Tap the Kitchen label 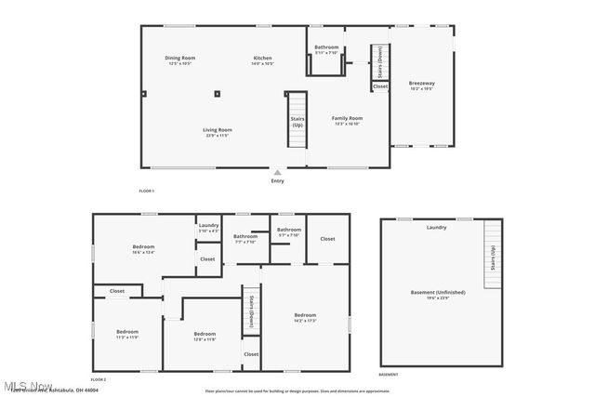[263, 60]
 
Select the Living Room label [218, 131]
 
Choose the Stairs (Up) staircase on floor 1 [297, 120]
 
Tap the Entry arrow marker [277, 172]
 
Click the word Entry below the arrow [277, 180]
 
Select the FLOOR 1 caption [146, 191]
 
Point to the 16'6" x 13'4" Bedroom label [143, 248]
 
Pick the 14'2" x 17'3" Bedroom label [306, 318]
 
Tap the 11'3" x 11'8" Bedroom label [127, 334]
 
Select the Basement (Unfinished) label [438, 294]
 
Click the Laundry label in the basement [436, 227]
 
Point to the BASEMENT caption [389, 375]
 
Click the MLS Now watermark [27, 386]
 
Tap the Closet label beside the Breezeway [380, 86]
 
